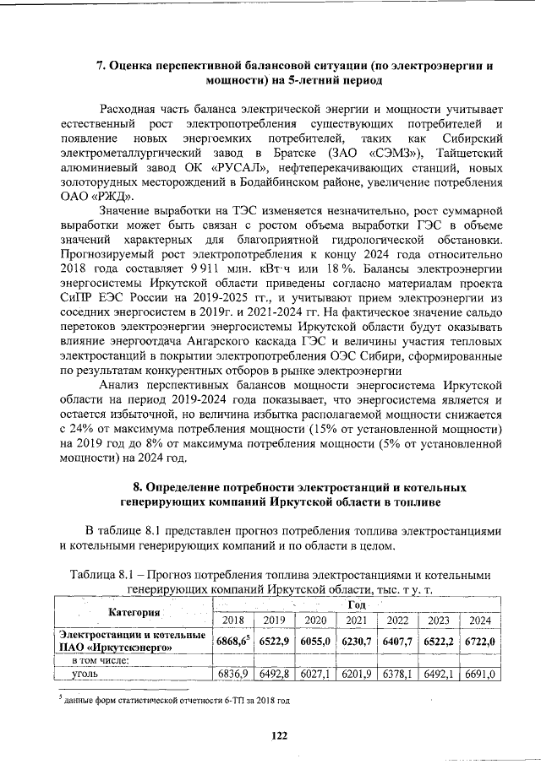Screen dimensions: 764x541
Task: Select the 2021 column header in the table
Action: [x=356, y=620]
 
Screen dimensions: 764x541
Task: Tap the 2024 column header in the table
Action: [x=479, y=620]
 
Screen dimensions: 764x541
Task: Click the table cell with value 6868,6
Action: [x=232, y=641]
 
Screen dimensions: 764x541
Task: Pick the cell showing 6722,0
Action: [x=479, y=641]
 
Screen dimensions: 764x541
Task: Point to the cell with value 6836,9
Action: [x=232, y=675]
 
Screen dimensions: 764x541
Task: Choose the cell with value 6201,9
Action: [x=356, y=675]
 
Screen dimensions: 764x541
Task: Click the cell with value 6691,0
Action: [x=479, y=675]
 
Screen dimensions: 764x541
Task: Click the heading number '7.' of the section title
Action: [x=100, y=65]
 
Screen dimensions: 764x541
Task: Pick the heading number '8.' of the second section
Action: [x=138, y=488]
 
